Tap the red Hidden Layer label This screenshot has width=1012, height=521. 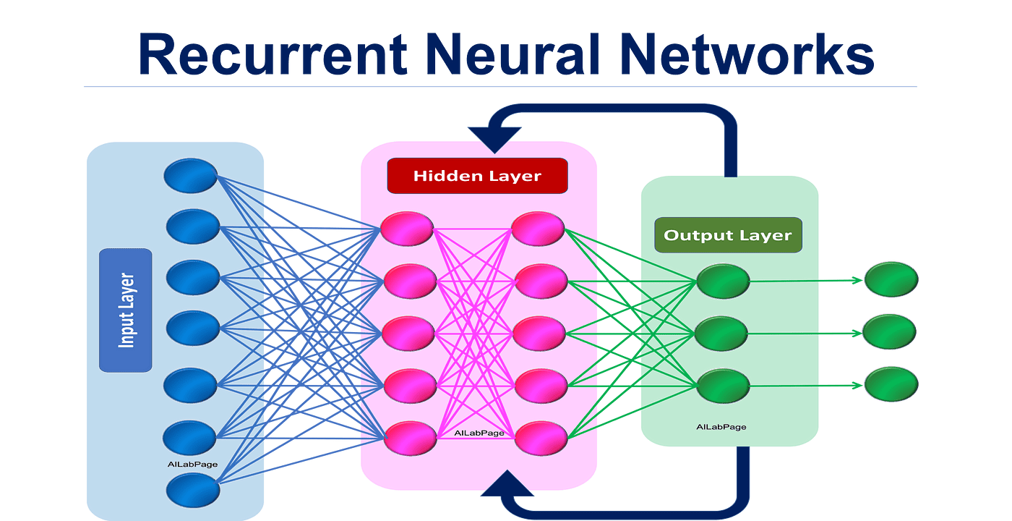477,176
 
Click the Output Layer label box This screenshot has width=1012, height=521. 728,235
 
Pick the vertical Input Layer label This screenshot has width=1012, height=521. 126,310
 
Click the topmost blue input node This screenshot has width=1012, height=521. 190,176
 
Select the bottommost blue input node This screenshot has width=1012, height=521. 193,490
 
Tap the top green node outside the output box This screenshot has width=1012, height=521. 891,280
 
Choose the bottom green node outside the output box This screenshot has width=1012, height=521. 891,384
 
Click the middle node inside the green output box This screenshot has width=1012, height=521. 721,333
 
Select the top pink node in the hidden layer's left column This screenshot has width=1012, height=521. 408,229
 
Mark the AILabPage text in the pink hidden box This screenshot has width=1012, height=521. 479,433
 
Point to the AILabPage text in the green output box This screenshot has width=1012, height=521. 721,427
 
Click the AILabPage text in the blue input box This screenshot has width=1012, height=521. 192,464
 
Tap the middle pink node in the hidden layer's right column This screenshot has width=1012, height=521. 539,333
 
